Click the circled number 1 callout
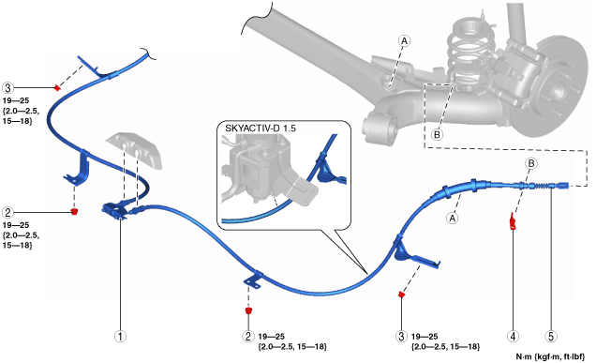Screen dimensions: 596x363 click(x=121, y=337)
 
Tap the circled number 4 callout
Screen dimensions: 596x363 click(x=513, y=337)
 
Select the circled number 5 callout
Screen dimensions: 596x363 click(x=551, y=337)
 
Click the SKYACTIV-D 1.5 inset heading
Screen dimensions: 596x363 click(x=261, y=129)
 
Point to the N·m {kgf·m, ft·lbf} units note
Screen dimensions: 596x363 click(x=550, y=357)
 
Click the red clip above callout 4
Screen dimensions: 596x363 click(x=513, y=221)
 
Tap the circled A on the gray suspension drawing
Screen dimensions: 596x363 click(x=404, y=40)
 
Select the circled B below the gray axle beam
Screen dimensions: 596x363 click(x=437, y=134)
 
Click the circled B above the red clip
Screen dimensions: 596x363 click(x=531, y=163)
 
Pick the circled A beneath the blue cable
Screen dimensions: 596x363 click(x=452, y=218)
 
